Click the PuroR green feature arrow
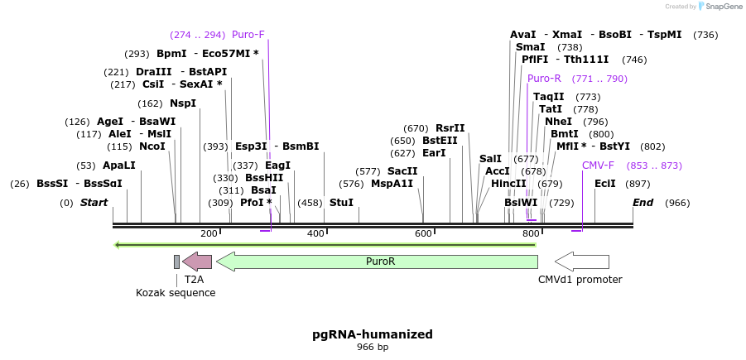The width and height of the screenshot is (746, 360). (x=378, y=262)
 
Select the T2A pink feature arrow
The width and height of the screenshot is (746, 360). (x=197, y=262)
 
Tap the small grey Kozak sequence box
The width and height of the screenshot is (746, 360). (x=176, y=262)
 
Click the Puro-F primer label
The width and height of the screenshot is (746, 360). (x=248, y=35)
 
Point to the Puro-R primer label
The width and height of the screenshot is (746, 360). (x=544, y=79)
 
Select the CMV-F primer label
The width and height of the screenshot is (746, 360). (x=598, y=166)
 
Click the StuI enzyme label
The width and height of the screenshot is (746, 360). (x=341, y=202)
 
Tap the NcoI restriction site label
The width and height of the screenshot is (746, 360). (x=152, y=146)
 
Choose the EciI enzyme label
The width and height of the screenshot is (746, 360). (x=605, y=184)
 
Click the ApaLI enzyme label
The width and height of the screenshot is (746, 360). (x=118, y=166)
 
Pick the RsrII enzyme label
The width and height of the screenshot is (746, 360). (x=450, y=128)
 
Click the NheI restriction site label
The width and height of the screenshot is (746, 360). (x=558, y=122)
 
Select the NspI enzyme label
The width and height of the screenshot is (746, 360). (x=183, y=103)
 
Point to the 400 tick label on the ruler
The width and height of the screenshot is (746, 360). (x=315, y=234)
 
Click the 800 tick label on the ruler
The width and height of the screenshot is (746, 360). (x=531, y=234)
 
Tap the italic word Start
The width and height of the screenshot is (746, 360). (x=94, y=203)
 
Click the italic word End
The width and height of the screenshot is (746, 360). (x=643, y=203)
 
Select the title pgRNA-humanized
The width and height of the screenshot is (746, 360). (x=373, y=334)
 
